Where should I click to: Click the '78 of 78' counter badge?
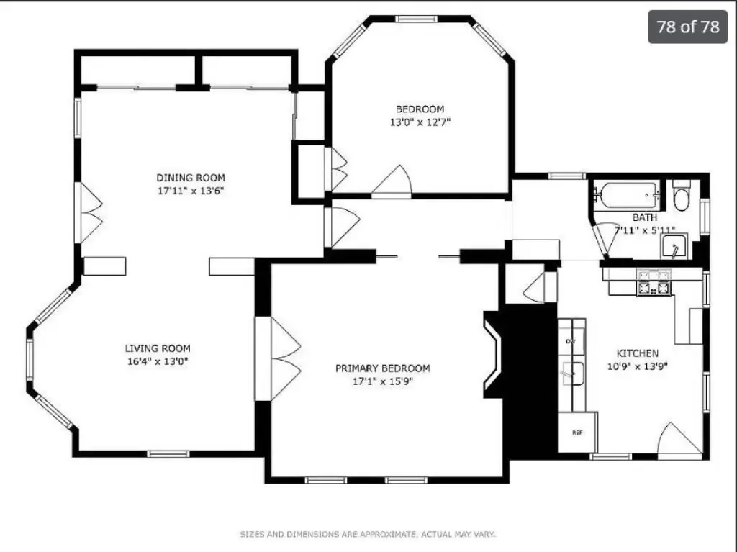[x=687, y=27]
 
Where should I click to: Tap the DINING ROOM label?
[x=190, y=178]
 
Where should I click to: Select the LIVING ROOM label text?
[x=158, y=348]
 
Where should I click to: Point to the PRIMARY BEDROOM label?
[x=383, y=368]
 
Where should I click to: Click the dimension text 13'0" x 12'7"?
[x=420, y=122]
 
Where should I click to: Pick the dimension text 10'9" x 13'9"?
[x=638, y=366]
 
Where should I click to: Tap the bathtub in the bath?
[x=628, y=195]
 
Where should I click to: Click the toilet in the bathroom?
[x=681, y=195]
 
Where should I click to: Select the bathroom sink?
[x=674, y=247]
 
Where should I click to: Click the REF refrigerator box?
[x=577, y=432]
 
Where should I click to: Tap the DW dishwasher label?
[x=571, y=341]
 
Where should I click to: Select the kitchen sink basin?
[x=572, y=374]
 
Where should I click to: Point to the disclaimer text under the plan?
[x=368, y=534]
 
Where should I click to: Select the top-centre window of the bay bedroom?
[x=416, y=19]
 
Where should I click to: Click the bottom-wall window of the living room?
[x=168, y=453]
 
